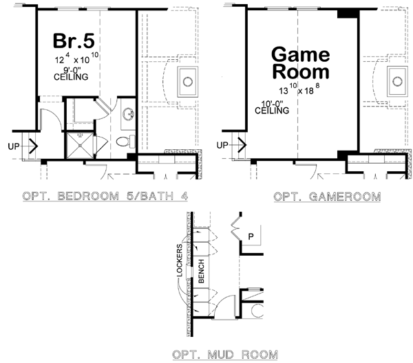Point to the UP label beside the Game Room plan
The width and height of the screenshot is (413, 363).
223,145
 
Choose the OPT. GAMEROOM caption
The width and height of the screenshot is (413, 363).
328,197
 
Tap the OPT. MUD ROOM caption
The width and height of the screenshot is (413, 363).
226,355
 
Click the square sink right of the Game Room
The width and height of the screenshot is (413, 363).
398,82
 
